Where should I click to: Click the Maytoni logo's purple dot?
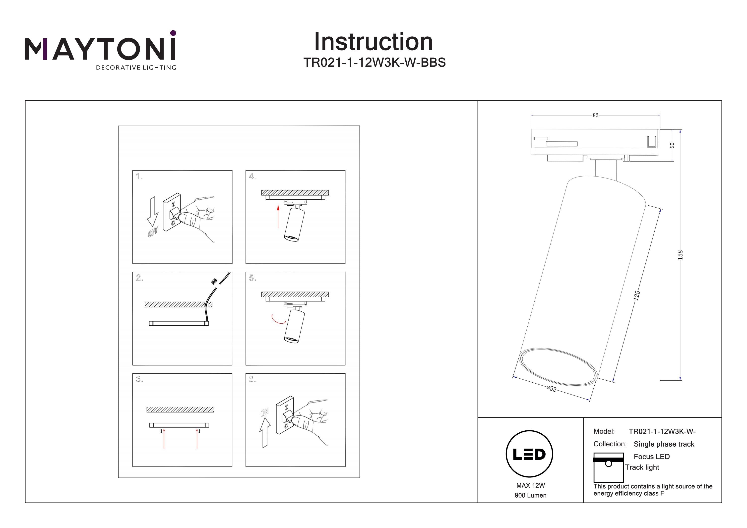coord(173,33)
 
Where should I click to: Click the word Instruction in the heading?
coord(373,42)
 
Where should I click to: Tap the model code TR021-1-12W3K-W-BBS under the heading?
coord(374,62)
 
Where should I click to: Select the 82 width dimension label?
coord(595,115)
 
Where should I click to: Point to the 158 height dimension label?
coord(680,254)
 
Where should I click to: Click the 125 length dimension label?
coord(637,295)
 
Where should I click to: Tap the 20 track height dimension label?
coord(672,145)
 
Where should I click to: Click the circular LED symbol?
coord(529,454)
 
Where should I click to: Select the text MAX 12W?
coord(530,485)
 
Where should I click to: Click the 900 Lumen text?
coord(530,495)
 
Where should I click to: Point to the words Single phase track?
coord(664,444)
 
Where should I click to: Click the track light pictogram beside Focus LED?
coord(608,467)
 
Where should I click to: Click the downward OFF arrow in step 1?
coord(152,211)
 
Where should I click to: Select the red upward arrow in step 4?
coord(278,216)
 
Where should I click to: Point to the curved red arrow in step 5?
coord(278,320)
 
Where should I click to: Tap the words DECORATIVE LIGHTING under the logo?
coord(136,68)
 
